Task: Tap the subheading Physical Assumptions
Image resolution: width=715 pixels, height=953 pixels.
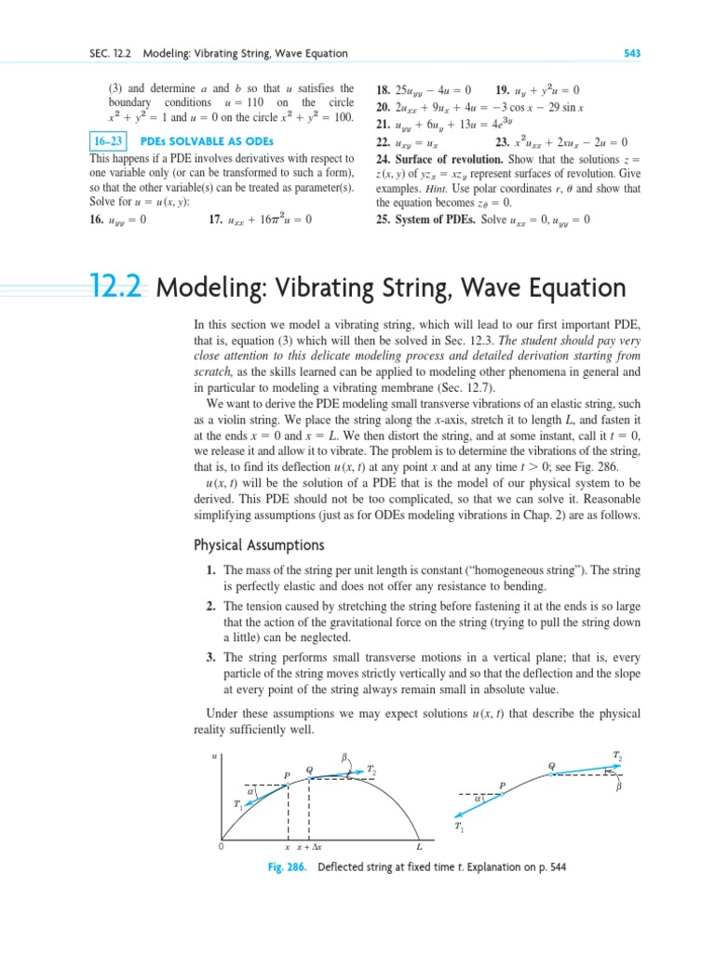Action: coord(245,544)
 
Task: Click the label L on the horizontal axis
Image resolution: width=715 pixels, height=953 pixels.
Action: coord(419,847)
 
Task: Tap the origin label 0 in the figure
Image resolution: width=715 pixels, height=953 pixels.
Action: coord(221,847)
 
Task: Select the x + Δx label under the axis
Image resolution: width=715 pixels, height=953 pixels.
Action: coord(308,847)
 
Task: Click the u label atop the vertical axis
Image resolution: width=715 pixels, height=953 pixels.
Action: coord(215,758)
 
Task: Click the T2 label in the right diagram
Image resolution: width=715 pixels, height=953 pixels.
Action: coord(618,754)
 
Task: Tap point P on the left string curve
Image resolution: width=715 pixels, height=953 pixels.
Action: coord(287,774)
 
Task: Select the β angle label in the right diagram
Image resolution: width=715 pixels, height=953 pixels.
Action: coord(616,786)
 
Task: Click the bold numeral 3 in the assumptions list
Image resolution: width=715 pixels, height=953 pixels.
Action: coord(210,657)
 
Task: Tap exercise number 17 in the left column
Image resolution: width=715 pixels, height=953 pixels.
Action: coord(216,220)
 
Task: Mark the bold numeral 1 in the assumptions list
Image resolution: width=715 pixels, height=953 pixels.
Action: coord(210,570)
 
